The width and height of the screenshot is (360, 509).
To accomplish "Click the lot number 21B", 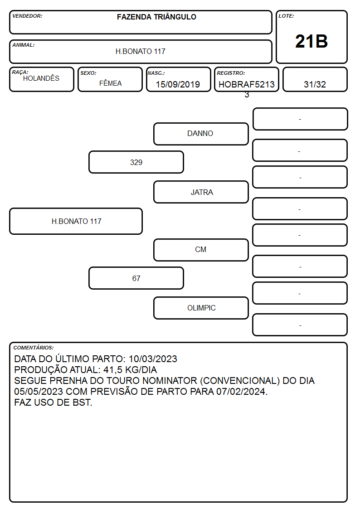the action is (x=311, y=41).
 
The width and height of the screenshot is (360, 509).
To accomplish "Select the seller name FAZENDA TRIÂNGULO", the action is (x=156, y=17).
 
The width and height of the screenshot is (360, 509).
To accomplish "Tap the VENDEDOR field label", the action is (x=27, y=16).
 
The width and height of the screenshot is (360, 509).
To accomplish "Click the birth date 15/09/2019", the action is (x=178, y=84).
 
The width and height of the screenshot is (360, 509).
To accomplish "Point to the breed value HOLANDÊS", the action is (x=41, y=78).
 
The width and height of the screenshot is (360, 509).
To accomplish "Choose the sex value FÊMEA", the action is (x=110, y=83).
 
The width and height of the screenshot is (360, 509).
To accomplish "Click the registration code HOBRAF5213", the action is (x=247, y=84).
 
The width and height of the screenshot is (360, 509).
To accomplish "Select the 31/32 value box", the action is (x=315, y=79).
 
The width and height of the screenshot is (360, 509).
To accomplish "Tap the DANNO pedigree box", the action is (x=201, y=134).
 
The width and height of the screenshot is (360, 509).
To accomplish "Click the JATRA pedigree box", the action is (x=201, y=192).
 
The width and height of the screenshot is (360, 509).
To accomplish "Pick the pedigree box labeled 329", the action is (x=136, y=162).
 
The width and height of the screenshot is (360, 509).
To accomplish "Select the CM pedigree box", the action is (x=201, y=250).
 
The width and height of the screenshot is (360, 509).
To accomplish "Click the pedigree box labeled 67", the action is (x=136, y=278).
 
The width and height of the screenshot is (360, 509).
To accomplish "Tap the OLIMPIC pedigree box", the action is (x=201, y=308).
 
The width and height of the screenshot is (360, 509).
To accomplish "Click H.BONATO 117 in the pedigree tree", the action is (x=76, y=221).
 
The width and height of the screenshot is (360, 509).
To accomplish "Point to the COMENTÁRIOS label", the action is (x=34, y=348).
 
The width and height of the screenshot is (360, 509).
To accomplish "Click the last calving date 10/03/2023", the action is (x=153, y=359).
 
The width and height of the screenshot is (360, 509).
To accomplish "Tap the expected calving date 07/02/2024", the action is (x=241, y=392).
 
